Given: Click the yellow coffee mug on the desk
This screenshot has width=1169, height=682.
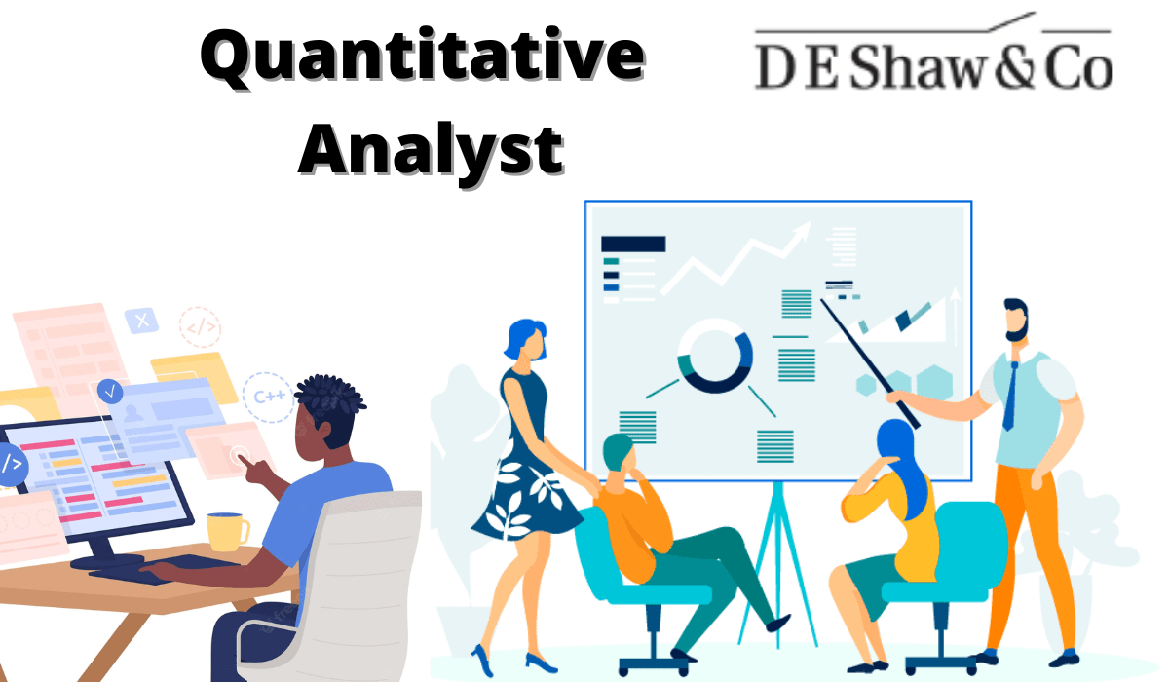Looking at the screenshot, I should pyautogui.click(x=226, y=531).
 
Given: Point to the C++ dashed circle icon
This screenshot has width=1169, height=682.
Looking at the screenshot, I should pyautogui.click(x=269, y=396).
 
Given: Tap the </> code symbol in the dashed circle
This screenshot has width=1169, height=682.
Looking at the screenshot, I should pyautogui.click(x=201, y=328).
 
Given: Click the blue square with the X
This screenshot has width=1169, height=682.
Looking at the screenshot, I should pyautogui.click(x=142, y=320).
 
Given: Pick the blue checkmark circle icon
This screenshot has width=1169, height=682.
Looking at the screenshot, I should pyautogui.click(x=110, y=392).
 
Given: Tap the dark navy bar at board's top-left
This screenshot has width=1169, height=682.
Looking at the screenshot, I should pyautogui.click(x=633, y=244).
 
